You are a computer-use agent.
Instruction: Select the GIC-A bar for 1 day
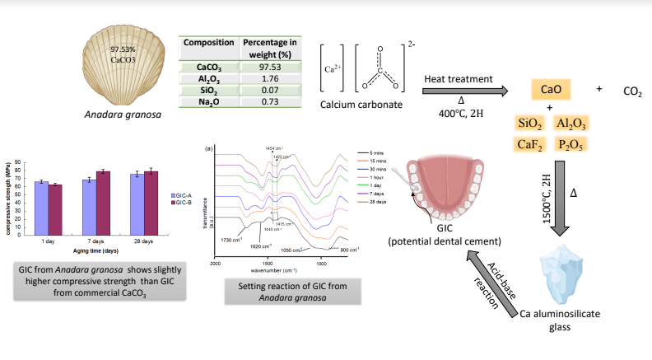[40, 208]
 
